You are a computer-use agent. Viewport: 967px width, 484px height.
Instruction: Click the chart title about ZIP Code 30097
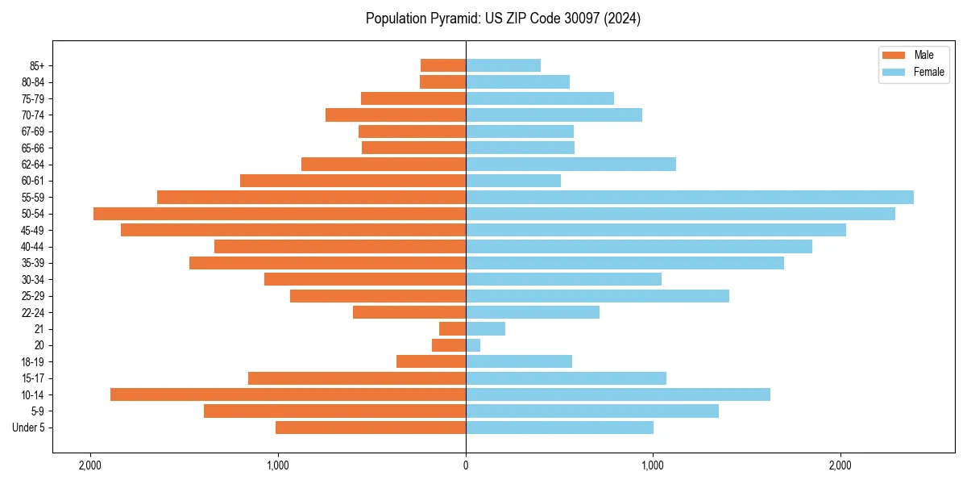pos(503,19)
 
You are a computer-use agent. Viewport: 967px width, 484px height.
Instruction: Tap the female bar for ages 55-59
pos(690,197)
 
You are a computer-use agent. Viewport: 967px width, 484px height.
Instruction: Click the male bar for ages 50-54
pos(280,214)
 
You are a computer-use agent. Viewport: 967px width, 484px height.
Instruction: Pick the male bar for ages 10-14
pos(288,394)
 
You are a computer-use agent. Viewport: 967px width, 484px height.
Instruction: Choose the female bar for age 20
pos(473,345)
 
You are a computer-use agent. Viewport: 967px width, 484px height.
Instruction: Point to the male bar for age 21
pos(452,328)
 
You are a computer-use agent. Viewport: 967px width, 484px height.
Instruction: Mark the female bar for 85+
pos(503,65)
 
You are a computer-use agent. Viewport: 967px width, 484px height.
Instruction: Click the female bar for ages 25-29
pos(597,296)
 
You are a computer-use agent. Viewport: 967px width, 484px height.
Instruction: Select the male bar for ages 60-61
pos(353,181)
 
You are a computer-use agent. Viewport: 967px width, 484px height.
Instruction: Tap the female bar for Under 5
pos(559,428)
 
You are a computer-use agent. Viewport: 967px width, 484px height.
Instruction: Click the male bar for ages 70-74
pos(396,115)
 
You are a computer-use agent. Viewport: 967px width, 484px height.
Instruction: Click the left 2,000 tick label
pos(90,465)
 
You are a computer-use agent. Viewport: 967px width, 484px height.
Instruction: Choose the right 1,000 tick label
pos(653,465)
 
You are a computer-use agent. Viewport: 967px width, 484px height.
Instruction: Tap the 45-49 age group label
pos(33,230)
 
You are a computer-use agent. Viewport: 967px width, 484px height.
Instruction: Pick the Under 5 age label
pos(28,428)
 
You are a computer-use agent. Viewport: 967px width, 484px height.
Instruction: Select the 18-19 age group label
pos(33,361)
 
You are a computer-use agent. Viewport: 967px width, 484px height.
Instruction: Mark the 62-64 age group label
pos(33,164)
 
